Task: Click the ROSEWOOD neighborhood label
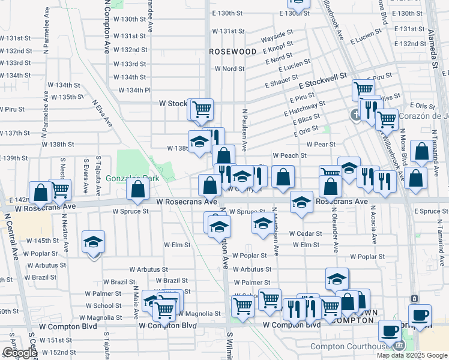(232, 52)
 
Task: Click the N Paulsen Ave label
(245, 129)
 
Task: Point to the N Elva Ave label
(103, 113)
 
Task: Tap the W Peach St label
(289, 155)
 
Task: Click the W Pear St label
(320, 145)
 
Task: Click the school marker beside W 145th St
(93, 242)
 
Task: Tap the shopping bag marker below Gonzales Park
(138, 190)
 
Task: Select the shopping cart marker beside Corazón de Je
(386, 120)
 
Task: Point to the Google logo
(20, 353)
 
